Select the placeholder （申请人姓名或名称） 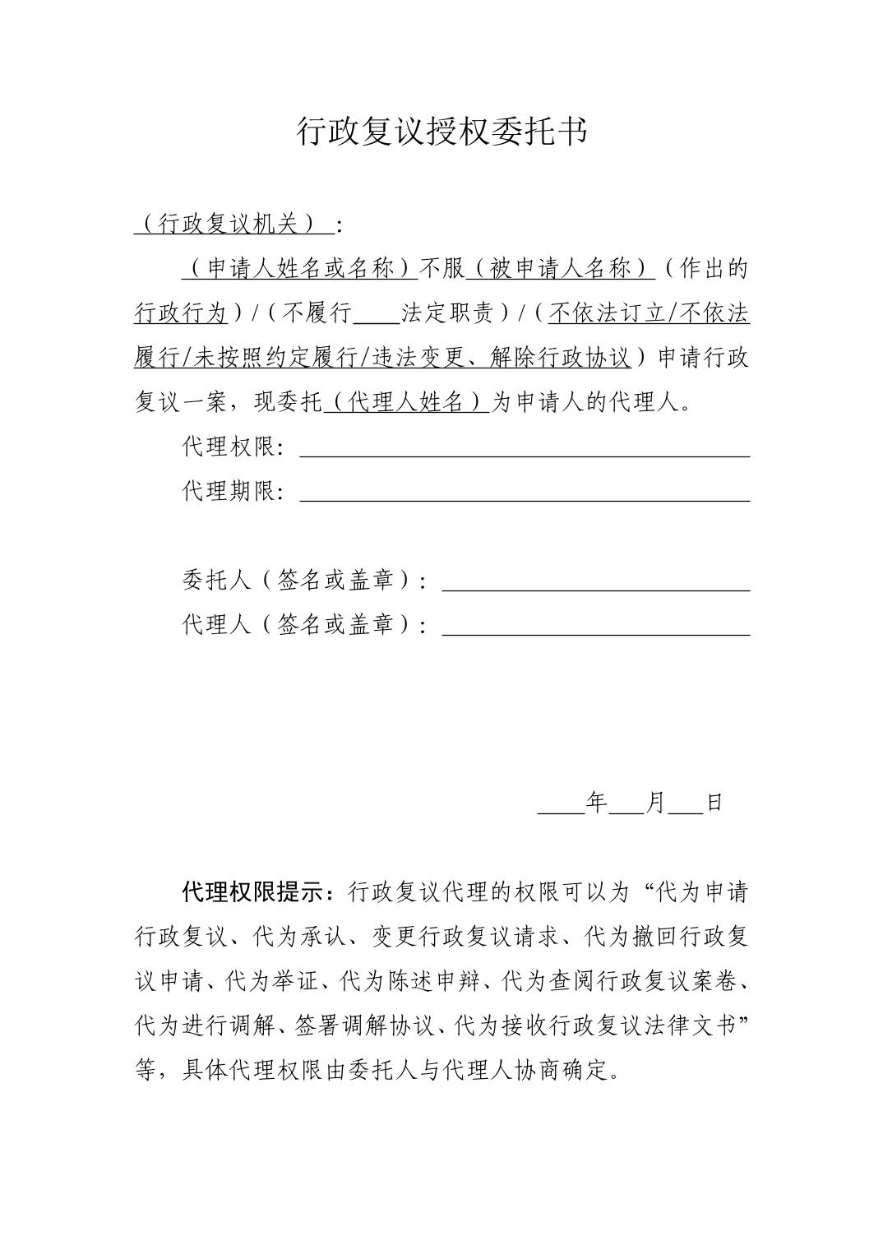300,269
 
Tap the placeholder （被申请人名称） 561,269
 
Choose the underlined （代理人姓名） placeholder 408,403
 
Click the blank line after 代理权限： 525,451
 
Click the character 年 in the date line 596,803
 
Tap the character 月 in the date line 656,803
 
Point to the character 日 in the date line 714,803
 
